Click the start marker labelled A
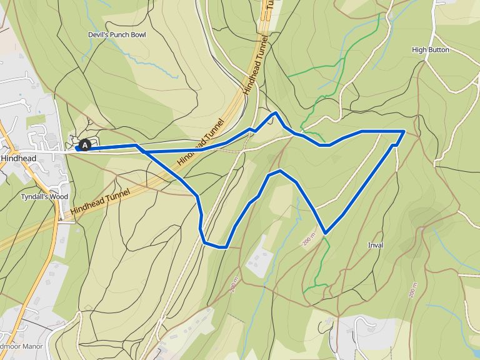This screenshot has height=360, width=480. [85, 145]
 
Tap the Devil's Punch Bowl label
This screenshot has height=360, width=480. [117, 35]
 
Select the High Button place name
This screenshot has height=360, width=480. [431, 49]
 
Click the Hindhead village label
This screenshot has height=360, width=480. [18, 159]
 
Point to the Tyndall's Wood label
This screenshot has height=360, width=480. [44, 196]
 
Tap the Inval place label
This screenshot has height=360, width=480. [376, 245]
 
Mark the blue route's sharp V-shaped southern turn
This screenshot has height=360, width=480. [325, 233]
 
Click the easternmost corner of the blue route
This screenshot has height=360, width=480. [404, 131]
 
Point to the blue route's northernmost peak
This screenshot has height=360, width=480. [275, 113]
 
